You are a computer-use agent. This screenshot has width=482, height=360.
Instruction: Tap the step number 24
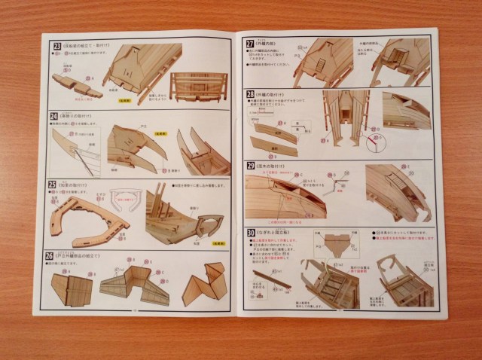click(53, 118)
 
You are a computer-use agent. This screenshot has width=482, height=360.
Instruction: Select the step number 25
click(53, 183)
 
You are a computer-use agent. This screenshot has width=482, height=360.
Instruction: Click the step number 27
click(250, 44)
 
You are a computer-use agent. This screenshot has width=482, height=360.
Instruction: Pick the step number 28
click(251, 94)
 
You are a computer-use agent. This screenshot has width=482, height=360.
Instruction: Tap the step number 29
click(250, 166)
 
